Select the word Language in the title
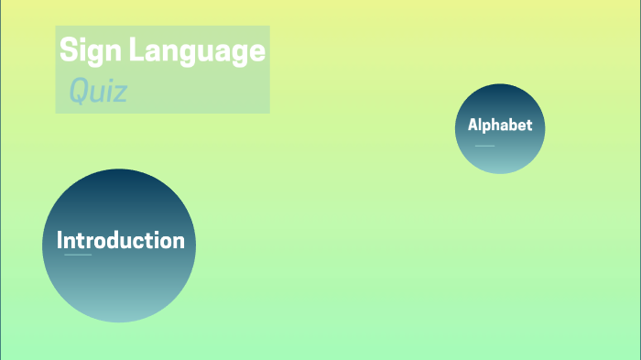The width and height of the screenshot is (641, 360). pos(196,51)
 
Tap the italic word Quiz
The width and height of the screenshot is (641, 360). pos(98,91)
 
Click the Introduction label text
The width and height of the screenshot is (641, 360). pos(120,241)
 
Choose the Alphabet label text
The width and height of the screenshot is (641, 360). pos(499,125)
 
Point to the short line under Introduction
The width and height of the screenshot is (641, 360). pos(78,255)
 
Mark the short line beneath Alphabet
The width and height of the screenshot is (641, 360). pos(484,146)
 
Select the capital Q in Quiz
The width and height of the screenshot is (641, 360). pos(79,91)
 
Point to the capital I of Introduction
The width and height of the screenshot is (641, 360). pos(60,241)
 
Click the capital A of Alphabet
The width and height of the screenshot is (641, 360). pos(473,125)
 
